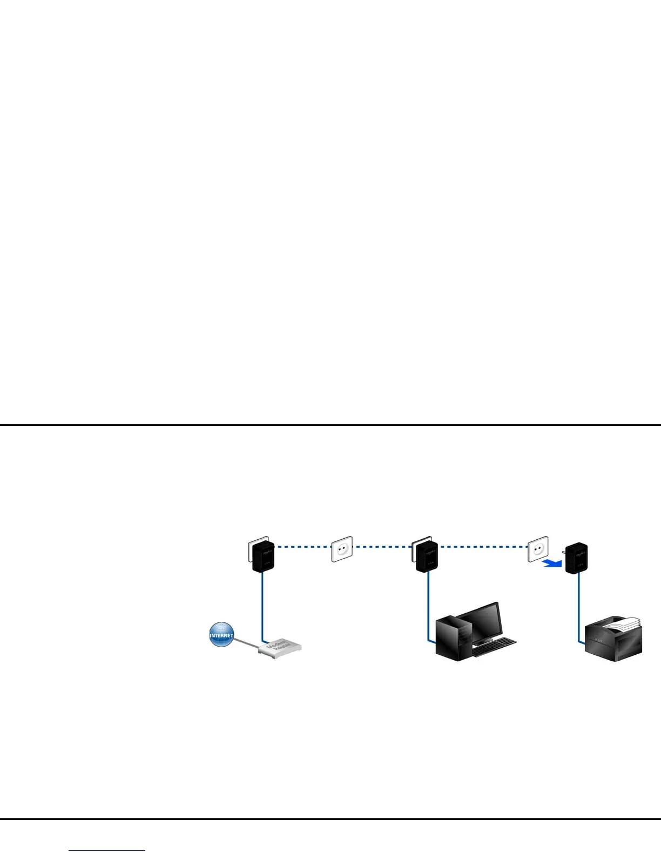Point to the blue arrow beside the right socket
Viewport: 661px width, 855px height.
552,564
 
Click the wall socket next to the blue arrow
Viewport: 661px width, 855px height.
537,549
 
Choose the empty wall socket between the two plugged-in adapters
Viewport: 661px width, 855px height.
341,549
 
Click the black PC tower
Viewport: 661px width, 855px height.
453,640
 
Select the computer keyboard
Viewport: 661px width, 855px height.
494,647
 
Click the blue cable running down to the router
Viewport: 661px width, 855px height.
262,605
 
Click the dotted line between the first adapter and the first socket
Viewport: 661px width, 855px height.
302,547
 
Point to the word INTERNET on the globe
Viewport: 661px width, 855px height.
221,636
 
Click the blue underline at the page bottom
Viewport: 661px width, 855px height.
107,851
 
